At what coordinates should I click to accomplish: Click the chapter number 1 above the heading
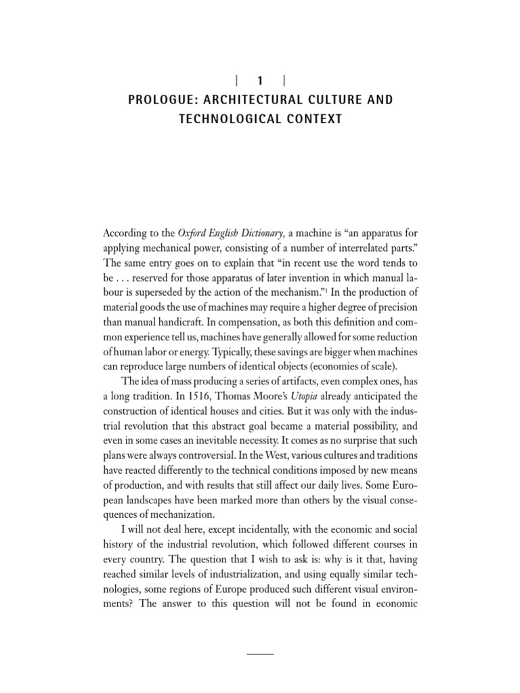(x=260, y=80)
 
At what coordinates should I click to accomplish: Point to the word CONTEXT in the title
(x=309, y=120)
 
